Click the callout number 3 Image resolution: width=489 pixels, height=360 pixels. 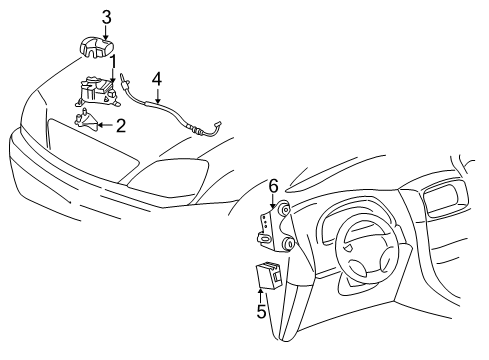106,17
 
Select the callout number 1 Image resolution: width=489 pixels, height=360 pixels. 113,62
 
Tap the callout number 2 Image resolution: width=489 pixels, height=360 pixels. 121,126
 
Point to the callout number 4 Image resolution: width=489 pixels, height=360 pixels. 157,80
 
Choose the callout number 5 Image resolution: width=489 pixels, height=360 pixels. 262,311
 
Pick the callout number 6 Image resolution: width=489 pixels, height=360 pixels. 273,186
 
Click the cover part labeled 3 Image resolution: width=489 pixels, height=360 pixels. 96,48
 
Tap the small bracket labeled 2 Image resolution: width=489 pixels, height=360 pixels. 86,120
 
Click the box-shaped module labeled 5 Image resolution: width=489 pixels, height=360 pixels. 268,275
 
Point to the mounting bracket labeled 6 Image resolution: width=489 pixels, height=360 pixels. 275,226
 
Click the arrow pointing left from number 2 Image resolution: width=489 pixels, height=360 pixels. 106,125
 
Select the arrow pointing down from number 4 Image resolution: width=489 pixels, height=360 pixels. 158,95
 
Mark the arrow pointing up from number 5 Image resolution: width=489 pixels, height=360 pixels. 260,296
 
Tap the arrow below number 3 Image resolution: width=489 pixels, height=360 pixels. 106,33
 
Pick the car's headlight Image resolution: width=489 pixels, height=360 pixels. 169,177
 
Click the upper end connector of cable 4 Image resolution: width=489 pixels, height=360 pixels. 125,80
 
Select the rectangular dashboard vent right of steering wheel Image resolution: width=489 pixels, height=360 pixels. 444,199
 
